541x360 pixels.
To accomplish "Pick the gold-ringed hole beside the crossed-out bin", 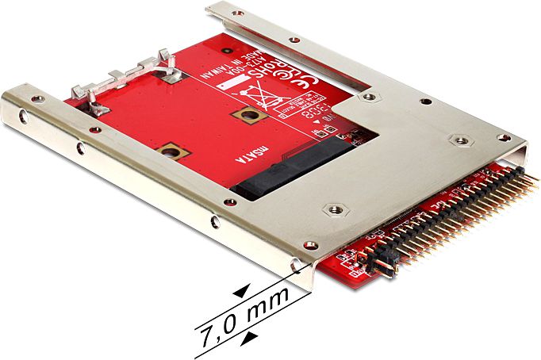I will (247, 116).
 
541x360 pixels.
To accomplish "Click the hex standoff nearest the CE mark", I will (368, 97).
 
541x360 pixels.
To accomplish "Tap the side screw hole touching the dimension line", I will (297, 268).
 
